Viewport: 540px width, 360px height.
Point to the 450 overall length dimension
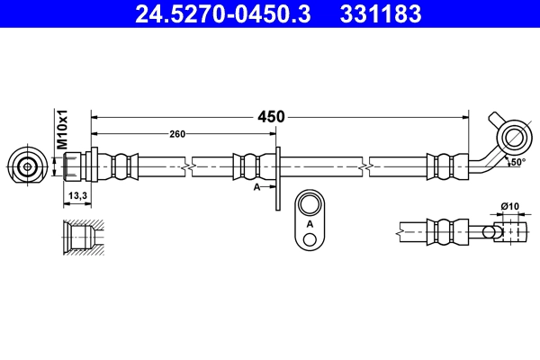[x=271, y=116]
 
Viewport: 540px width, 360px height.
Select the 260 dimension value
[x=177, y=134]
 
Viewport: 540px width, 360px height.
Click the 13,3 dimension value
[x=77, y=195]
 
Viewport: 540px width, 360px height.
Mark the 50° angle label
[x=516, y=163]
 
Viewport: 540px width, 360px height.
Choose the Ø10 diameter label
[x=510, y=207]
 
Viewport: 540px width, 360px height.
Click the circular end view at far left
[x=28, y=166]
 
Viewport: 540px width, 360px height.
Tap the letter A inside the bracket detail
[x=310, y=223]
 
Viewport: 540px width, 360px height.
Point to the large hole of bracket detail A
[x=310, y=203]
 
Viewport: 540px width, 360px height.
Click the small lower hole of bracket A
[x=310, y=238]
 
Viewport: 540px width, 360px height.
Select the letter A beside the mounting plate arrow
[x=257, y=186]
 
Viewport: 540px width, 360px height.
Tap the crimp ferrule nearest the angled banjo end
[x=441, y=166]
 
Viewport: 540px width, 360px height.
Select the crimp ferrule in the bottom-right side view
[x=441, y=231]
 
